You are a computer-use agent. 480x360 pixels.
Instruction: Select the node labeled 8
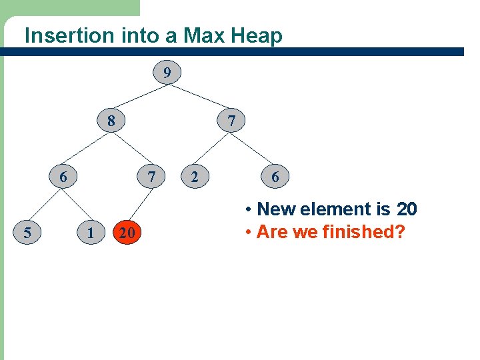(x=111, y=121)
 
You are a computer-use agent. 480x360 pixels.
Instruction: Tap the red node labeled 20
(x=127, y=233)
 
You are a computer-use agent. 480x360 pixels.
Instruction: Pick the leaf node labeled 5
(x=27, y=233)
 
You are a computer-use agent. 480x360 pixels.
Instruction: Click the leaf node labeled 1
(x=90, y=233)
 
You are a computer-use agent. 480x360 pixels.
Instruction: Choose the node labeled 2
(x=194, y=177)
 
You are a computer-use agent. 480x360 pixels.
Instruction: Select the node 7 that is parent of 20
(x=152, y=177)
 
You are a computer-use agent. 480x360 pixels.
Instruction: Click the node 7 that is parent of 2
(x=231, y=121)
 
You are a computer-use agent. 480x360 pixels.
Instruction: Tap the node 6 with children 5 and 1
(x=63, y=177)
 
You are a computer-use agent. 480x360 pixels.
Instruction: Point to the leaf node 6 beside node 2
(x=275, y=177)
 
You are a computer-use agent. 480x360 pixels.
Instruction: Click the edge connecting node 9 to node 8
(x=139, y=97)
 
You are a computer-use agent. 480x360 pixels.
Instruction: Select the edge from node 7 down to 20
(x=140, y=204)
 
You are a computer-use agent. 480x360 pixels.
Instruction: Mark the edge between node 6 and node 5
(x=45, y=205)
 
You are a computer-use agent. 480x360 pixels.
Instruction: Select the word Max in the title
(x=206, y=35)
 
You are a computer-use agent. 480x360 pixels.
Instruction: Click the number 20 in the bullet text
(x=407, y=209)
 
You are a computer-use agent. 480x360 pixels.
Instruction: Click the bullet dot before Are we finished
(x=247, y=233)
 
